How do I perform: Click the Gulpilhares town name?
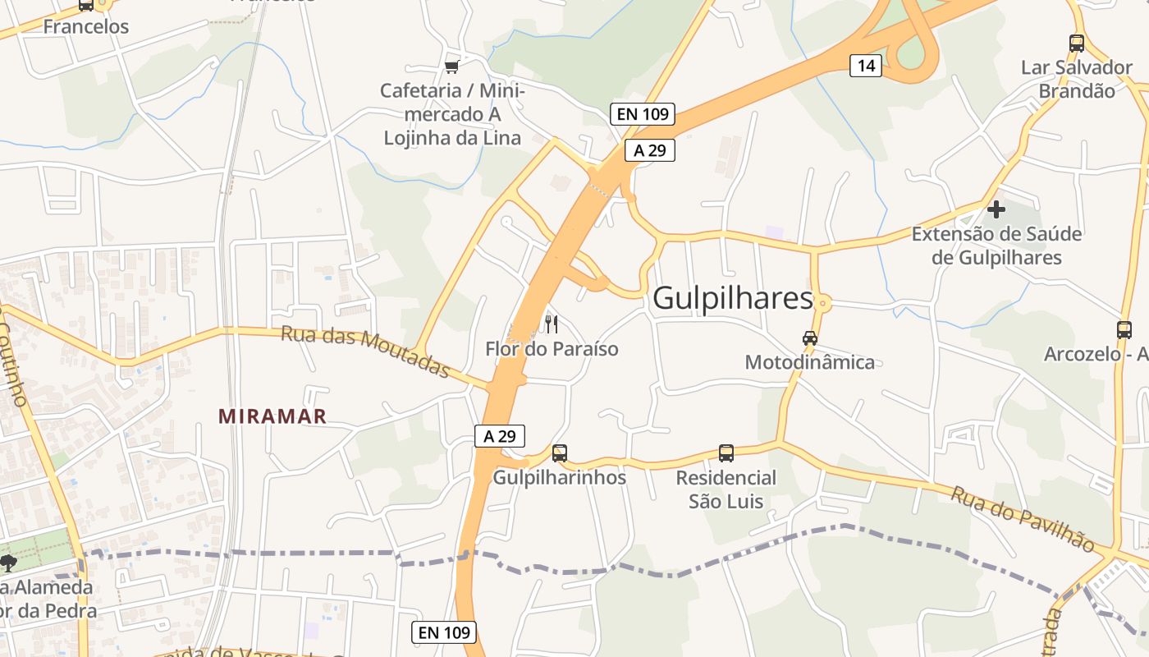coord(732,299)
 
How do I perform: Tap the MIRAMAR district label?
coord(272,416)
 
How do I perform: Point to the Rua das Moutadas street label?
coord(365,352)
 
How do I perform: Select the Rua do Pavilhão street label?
coord(1023,519)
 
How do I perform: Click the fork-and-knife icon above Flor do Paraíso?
coord(552,324)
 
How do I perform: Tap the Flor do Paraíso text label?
coord(552,349)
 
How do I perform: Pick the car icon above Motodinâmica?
coord(810,338)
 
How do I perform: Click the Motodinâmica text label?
coord(810,362)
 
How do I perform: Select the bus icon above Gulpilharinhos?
coord(560,453)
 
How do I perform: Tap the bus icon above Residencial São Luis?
coord(726,453)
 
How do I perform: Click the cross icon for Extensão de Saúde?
coord(996,209)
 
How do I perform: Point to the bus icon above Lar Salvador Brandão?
coord(1077,44)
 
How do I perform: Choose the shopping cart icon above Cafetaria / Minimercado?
coord(451,67)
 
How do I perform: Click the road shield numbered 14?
coord(865,66)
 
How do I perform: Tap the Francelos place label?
coord(86,26)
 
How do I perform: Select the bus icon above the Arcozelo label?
coord(1124,330)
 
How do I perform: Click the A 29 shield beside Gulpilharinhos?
coord(499,436)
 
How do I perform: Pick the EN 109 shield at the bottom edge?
coord(444,632)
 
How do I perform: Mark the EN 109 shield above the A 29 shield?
coord(643,114)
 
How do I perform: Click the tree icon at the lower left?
coord(9,563)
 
